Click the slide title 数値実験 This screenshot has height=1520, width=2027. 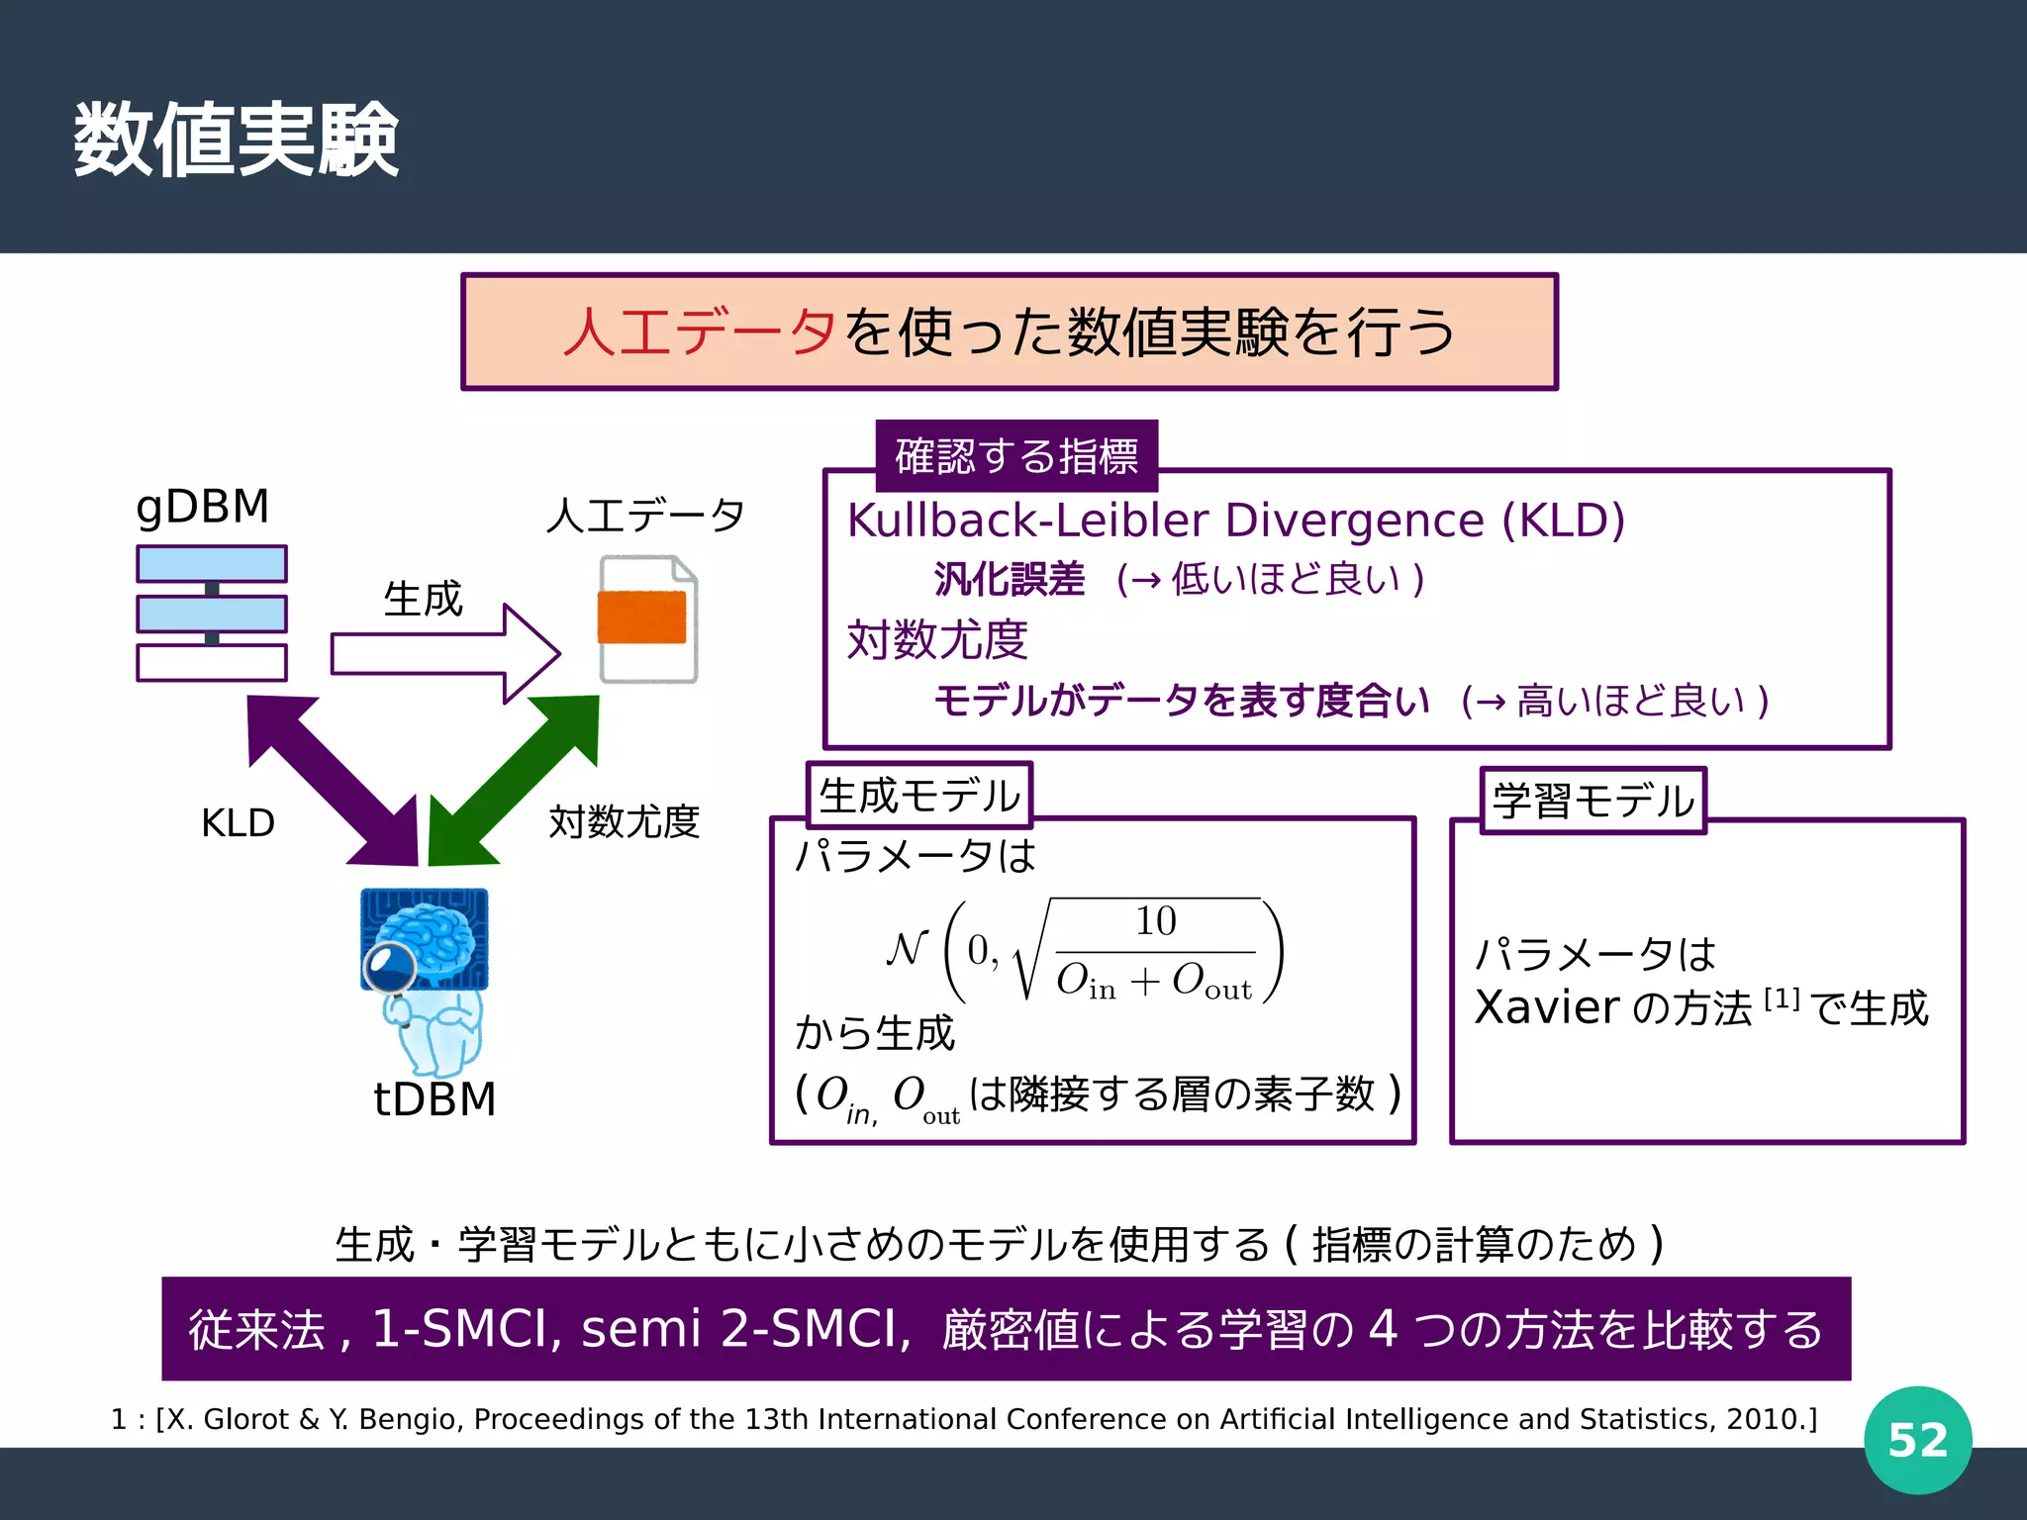click(236, 141)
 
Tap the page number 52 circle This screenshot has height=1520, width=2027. click(1917, 1440)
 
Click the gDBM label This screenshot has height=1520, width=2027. click(202, 507)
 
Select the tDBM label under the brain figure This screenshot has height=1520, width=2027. click(434, 1099)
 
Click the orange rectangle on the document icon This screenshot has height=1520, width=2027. click(641, 617)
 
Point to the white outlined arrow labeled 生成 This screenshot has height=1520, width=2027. click(445, 654)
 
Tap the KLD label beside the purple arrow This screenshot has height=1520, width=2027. click(238, 823)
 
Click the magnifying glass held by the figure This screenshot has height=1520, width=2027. click(388, 966)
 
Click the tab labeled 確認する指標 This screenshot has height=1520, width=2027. click(1016, 456)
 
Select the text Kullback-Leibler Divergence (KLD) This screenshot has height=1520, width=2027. click(1236, 521)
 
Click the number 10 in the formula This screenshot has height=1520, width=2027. click(1155, 921)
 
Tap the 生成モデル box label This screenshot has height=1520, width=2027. click(919, 796)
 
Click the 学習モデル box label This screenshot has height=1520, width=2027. click(1593, 801)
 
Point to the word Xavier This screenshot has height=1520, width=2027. click(1546, 1008)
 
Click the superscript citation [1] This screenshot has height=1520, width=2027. click(1782, 998)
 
